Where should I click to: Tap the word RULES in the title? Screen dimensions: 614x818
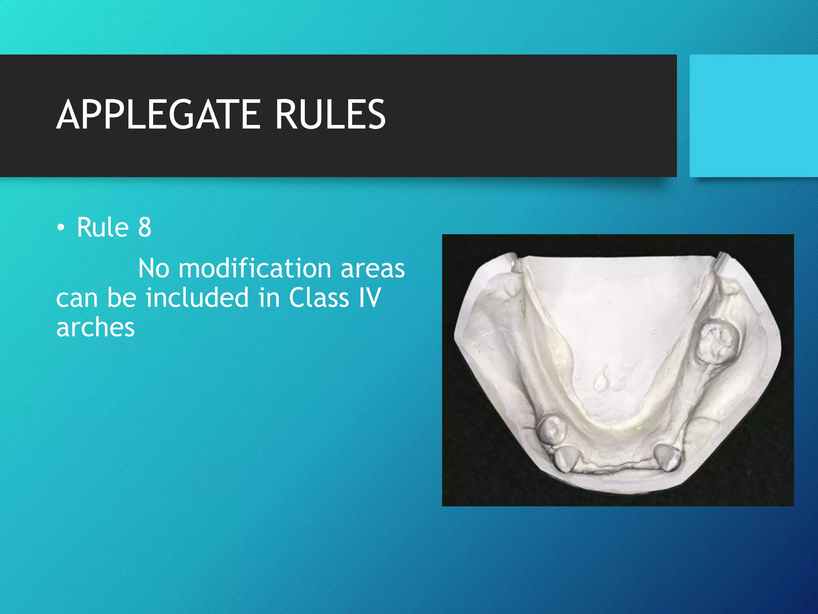coord(330,115)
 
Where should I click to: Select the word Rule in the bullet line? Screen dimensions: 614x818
coord(103,227)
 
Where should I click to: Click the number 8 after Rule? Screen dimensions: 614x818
coord(145,227)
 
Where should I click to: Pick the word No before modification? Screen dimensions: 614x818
coord(154,268)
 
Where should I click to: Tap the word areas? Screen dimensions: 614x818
coord(373,268)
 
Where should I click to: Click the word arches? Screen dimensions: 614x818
coord(95,328)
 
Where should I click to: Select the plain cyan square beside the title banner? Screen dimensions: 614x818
coord(753,116)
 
